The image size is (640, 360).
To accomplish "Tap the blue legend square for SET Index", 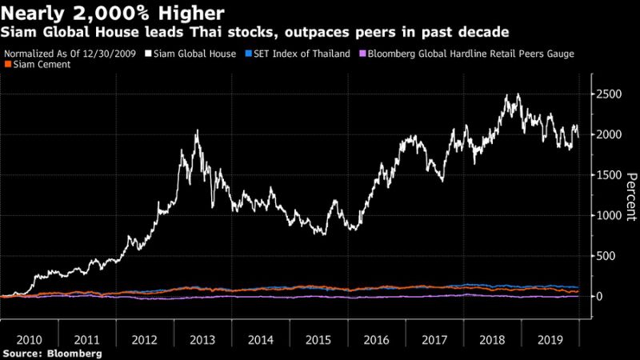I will (x=249, y=54).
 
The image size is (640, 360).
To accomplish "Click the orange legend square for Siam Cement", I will (x=7, y=64).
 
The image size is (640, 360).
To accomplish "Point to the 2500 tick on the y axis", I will (x=609, y=94).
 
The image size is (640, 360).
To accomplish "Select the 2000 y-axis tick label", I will (x=609, y=134).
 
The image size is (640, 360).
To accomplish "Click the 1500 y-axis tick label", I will (x=609, y=175).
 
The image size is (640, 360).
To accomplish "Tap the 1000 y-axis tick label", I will (x=609, y=215).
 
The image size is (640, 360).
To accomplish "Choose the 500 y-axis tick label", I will (x=606, y=256).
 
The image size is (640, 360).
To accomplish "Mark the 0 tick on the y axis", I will (x=598, y=297).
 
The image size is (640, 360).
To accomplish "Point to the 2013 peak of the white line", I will (x=197, y=130).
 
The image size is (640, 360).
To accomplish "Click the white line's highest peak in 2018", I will (x=518, y=94).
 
